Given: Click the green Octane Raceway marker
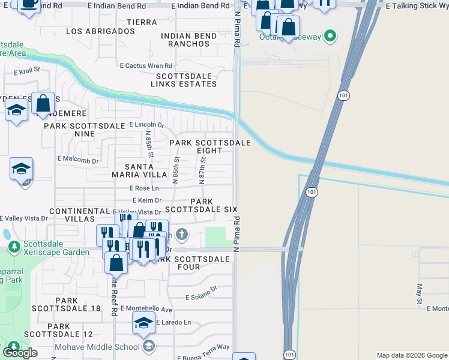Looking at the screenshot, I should click(x=330, y=37).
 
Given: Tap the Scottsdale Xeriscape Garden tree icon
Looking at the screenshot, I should click(x=14, y=247).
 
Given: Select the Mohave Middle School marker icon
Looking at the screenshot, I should click(x=149, y=346).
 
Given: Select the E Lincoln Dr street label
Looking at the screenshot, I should click(x=147, y=125).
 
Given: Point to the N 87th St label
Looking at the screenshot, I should click(x=203, y=170).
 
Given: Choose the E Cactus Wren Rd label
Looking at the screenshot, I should click(x=146, y=65).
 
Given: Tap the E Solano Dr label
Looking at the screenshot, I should click(x=200, y=296).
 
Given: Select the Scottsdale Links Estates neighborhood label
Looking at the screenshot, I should click(x=186, y=80).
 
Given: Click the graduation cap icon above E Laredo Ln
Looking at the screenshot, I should click(x=143, y=323).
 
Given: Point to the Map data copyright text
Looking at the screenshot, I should click(x=412, y=355).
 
